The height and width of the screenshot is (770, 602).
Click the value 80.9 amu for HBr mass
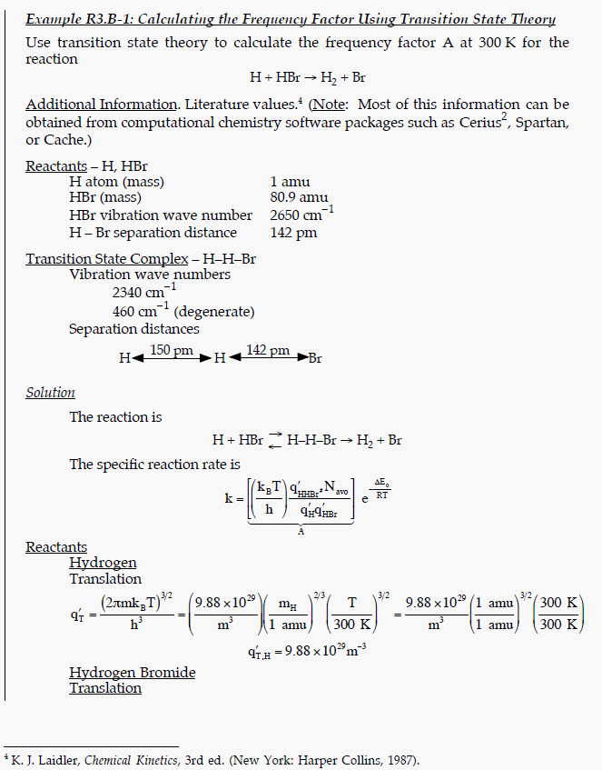pyautogui.click(x=299, y=198)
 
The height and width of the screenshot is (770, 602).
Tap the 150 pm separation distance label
pyautogui.click(x=172, y=351)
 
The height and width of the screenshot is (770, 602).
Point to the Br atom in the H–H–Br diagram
pyautogui.click(x=315, y=358)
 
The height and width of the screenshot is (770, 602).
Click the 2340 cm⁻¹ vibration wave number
pyautogui.click(x=138, y=293)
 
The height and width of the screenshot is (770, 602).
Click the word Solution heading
pyautogui.click(x=50, y=393)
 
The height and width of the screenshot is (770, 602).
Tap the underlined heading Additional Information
pyautogui.click(x=101, y=105)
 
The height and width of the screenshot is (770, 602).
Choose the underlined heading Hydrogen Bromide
pyautogui.click(x=132, y=673)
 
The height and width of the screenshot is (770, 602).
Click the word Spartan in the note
pyautogui.click(x=541, y=123)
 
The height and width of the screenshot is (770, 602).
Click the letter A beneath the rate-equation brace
pyautogui.click(x=301, y=531)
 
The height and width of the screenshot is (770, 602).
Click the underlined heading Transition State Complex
pyautogui.click(x=106, y=258)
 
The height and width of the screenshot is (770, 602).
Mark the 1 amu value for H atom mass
pyautogui.click(x=291, y=181)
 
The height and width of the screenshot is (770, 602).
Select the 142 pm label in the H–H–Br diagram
pyautogui.click(x=268, y=351)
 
